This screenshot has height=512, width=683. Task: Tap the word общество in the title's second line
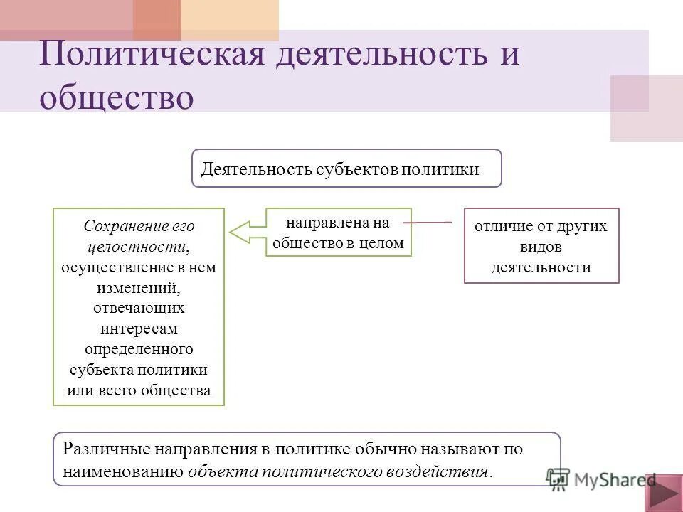[117, 97]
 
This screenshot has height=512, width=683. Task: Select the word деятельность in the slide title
[377, 55]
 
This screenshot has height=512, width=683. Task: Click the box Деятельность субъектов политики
[346, 169]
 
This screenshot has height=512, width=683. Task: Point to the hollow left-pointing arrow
[246, 232]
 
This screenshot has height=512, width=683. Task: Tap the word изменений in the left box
[139, 288]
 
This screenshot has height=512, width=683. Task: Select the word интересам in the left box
[139, 329]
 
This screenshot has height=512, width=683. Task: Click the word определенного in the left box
[139, 349]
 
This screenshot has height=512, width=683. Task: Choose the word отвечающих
[139, 309]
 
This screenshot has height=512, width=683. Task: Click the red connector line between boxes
[427, 223]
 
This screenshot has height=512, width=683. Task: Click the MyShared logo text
[613, 479]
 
